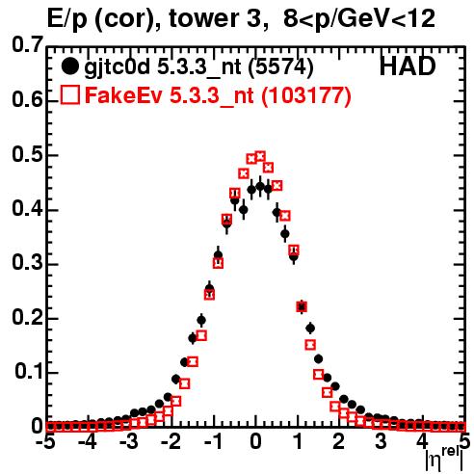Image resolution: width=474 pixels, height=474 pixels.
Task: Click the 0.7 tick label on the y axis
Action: [x=27, y=44]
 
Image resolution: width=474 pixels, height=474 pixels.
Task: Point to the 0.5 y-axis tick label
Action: [x=27, y=154]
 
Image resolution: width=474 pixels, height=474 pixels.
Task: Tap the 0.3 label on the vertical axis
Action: [x=27, y=263]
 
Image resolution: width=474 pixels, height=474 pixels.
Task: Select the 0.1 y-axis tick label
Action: [x=29, y=372]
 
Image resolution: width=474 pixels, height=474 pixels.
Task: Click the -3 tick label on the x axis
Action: [x=129, y=442]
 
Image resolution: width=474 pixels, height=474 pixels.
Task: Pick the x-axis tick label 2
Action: [x=339, y=442]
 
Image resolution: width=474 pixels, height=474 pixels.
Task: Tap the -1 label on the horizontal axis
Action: [x=213, y=442]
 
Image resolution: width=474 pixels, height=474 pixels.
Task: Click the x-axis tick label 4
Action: [x=423, y=442]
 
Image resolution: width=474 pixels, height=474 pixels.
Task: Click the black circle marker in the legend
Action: [x=69, y=66]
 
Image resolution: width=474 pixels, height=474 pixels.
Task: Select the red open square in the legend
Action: [x=69, y=95]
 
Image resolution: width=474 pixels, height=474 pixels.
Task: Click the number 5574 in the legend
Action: [x=280, y=67]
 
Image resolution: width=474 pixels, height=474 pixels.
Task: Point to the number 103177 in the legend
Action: [x=305, y=95]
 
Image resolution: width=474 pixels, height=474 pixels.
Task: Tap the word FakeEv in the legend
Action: [x=124, y=95]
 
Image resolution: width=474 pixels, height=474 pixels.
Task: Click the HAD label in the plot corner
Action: [x=408, y=66]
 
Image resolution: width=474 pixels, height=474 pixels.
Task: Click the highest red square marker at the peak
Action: [x=260, y=157]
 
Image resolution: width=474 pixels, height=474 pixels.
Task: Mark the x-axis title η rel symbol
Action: [x=445, y=459]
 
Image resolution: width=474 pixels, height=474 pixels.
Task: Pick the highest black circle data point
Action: [x=260, y=186]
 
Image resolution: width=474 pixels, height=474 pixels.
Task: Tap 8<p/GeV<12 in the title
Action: [x=359, y=19]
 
